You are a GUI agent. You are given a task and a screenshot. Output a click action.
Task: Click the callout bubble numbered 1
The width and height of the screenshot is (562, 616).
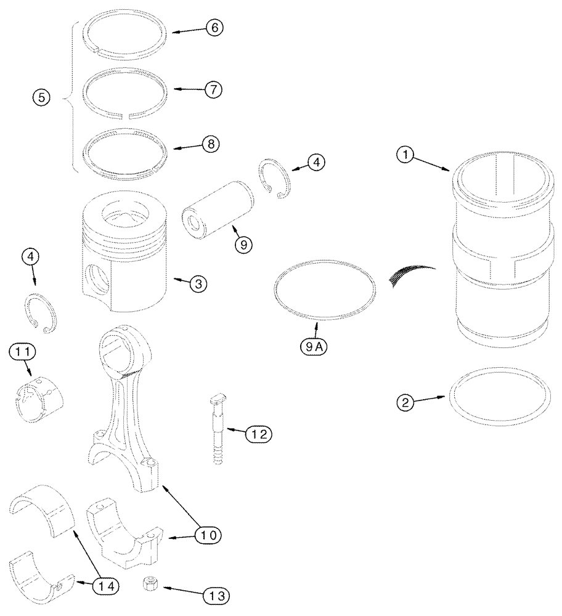[405, 156]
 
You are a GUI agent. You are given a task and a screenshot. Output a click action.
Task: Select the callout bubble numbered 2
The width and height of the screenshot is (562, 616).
[405, 403]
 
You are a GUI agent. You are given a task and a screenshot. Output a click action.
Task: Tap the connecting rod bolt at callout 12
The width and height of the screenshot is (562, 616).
[218, 431]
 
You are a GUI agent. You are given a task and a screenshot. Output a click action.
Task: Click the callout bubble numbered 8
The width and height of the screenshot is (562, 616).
[210, 145]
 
